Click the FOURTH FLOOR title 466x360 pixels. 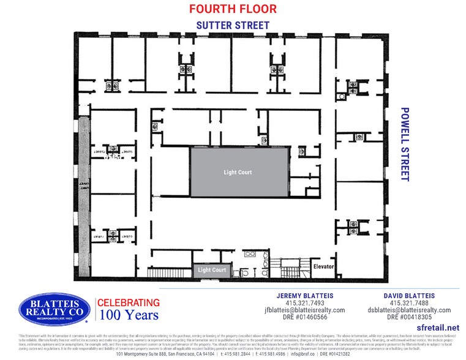[233, 9]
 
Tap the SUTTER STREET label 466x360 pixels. [233, 25]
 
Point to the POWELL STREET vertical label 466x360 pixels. [404, 144]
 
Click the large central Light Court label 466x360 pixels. [238, 173]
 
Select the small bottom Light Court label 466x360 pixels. [212, 270]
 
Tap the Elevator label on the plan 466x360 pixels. [323, 267]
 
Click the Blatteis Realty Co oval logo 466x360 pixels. [54, 309]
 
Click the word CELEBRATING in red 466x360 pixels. [129, 302]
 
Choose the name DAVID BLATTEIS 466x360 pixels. [408, 295]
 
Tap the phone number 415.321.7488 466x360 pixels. [408, 303]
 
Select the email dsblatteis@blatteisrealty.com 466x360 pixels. [408, 310]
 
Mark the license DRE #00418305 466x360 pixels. [408, 318]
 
